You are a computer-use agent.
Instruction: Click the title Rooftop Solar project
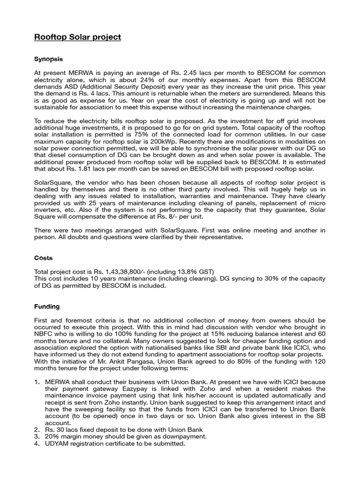77,37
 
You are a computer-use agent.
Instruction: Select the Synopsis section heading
48,60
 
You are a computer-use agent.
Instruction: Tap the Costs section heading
44,258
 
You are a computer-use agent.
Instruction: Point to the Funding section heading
47,307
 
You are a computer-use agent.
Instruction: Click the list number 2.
37,429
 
